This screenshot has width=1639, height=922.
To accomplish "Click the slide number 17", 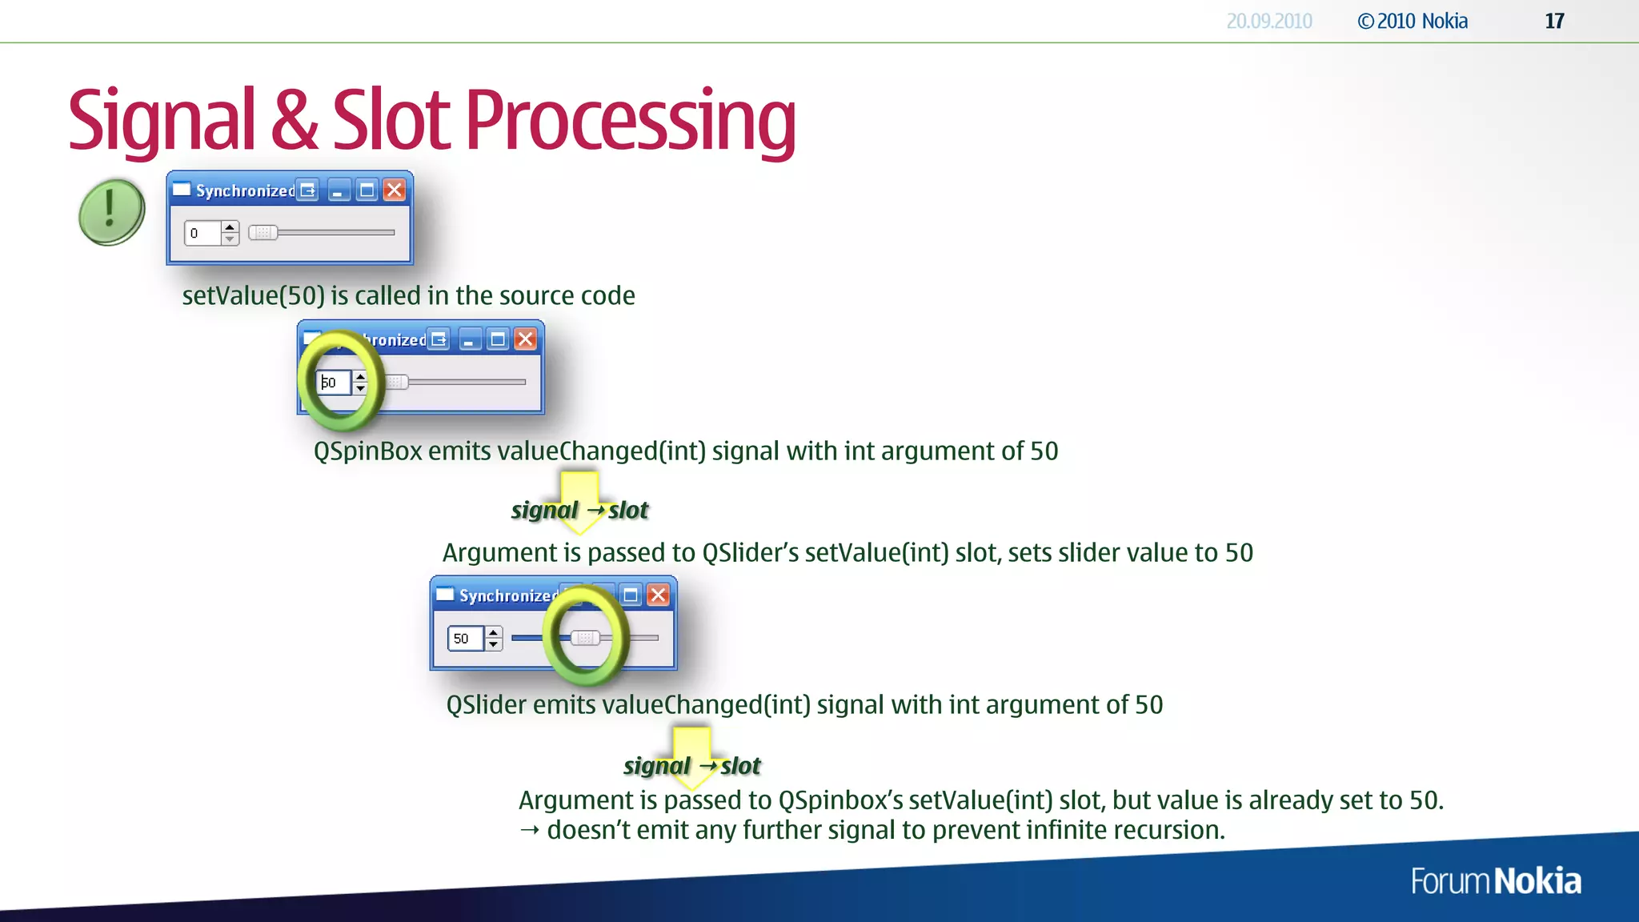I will pos(1554,21).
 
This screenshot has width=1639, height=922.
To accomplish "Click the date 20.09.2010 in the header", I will pos(1268,21).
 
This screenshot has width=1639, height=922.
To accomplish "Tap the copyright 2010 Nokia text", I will pos(1413,21).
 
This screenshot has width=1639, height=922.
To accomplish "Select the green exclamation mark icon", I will pos(111,211).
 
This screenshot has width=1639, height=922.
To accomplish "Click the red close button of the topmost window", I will pos(395,190).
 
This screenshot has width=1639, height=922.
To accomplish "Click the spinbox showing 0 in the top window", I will pos(203,233).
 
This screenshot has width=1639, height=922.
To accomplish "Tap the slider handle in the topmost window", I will pos(262,233).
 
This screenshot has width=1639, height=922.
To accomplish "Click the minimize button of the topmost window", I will pos(339,190).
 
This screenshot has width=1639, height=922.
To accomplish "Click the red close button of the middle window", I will pos(526,339).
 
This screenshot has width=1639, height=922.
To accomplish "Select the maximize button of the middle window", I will pos(498,339).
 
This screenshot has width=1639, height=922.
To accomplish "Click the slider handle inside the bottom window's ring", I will pos(585,638).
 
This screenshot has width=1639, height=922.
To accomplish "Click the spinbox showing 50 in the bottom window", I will pos(465,638).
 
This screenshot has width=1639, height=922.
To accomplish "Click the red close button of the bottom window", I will pos(658,595).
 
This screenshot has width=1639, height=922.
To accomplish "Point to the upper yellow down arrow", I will pos(579,500).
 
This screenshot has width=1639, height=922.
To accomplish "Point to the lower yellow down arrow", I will pos(692,755).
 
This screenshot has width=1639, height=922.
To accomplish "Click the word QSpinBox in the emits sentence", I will pos(367,451).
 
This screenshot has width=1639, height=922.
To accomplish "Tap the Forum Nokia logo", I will pos(1495,881).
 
